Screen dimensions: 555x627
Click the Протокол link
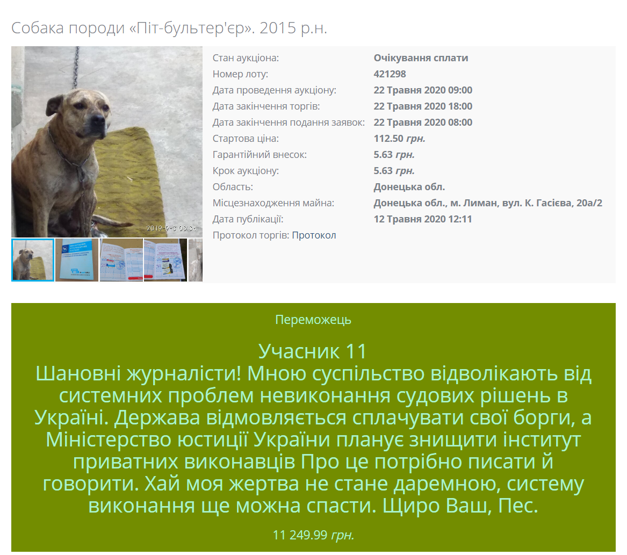pyautogui.click(x=314, y=235)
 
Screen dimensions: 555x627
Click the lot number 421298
pyautogui.click(x=390, y=74)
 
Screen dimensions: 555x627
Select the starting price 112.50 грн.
pyautogui.click(x=399, y=139)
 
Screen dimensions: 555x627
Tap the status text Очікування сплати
pyautogui.click(x=421, y=58)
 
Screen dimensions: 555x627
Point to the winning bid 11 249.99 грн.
pyautogui.click(x=313, y=535)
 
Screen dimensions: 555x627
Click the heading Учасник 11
pyautogui.click(x=313, y=351)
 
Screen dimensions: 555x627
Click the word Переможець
pyautogui.click(x=313, y=320)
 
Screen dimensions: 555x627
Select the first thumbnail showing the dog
pyautogui.click(x=33, y=260)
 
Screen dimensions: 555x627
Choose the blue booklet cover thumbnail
pyautogui.click(x=77, y=260)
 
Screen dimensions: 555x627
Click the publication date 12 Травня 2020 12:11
pyautogui.click(x=423, y=219)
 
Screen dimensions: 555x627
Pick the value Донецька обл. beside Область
pyautogui.click(x=409, y=187)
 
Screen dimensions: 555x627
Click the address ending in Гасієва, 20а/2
pyautogui.click(x=488, y=203)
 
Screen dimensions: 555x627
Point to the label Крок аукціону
pyautogui.click(x=246, y=171)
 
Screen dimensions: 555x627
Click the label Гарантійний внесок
pyautogui.click(x=260, y=155)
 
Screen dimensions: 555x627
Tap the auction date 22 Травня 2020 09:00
pyautogui.click(x=423, y=90)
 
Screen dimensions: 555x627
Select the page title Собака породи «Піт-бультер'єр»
pyautogui.click(x=169, y=28)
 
